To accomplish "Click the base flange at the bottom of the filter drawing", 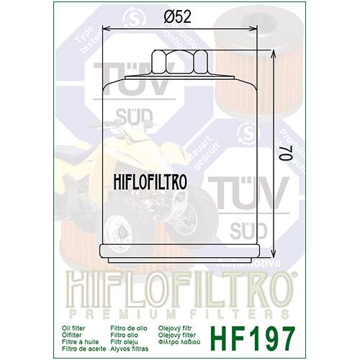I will point(179,252).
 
